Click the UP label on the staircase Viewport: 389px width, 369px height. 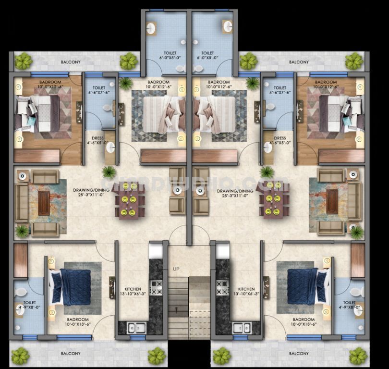coord(176,269)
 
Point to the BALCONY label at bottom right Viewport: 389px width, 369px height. coord(299,354)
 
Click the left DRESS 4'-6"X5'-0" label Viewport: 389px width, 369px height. coord(94,140)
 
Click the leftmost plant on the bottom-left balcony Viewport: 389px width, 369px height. coord(20,356)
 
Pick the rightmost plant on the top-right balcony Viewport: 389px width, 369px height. coord(354,61)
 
